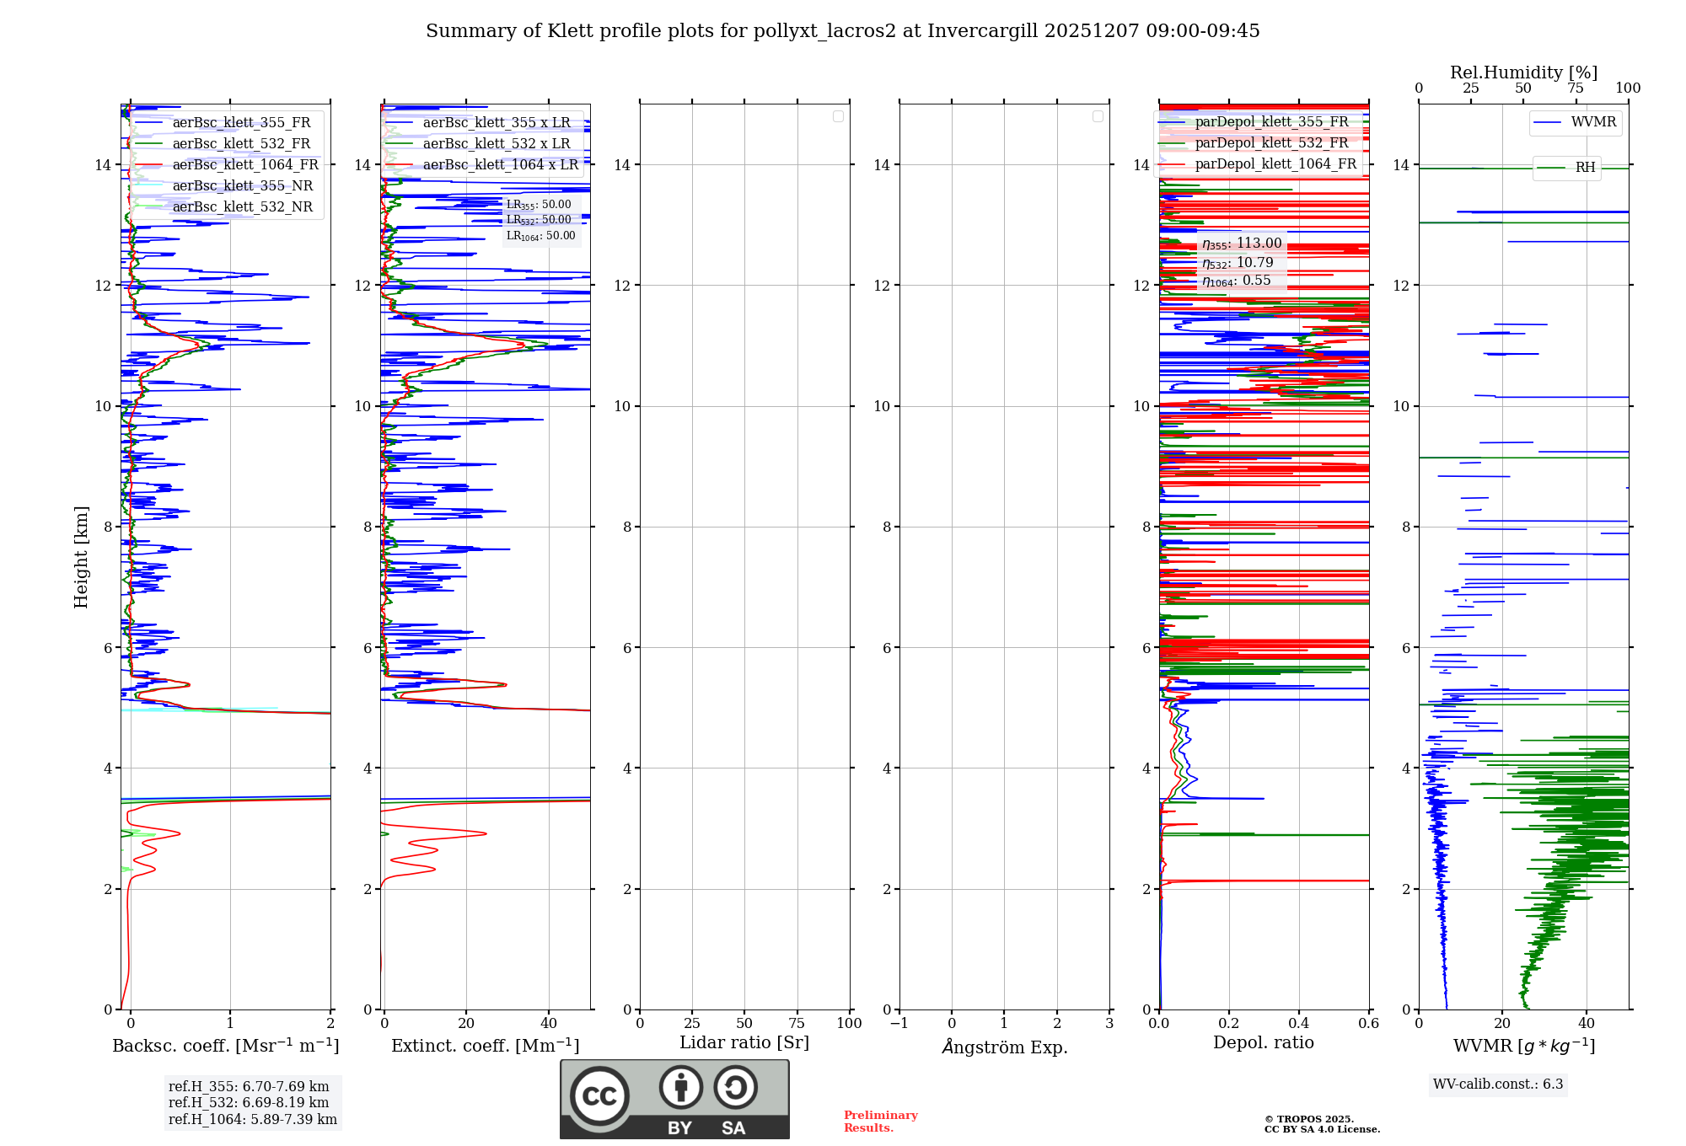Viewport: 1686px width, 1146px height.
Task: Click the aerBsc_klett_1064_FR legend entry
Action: [245, 165]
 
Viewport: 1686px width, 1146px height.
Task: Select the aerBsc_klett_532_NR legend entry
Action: [242, 207]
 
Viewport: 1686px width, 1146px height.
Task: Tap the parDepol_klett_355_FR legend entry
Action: [1271, 122]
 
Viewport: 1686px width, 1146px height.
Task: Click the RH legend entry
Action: [1585, 168]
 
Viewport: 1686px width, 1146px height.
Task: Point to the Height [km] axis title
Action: [81, 556]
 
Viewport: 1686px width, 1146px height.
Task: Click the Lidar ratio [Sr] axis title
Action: [744, 1043]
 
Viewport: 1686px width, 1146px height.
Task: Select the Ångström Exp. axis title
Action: [1004, 1047]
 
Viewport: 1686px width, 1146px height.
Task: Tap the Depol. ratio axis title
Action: [1263, 1043]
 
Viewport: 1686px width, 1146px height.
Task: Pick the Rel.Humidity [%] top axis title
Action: [1523, 72]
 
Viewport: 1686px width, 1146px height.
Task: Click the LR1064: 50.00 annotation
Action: [541, 236]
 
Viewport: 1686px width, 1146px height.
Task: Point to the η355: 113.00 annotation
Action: [1242, 244]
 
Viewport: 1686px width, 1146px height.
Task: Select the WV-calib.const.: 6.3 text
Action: [1498, 1084]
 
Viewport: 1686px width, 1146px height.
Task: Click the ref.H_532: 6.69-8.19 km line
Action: [249, 1103]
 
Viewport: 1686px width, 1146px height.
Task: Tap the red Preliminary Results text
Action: [880, 1122]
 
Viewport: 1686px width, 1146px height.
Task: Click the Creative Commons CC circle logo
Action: [599, 1095]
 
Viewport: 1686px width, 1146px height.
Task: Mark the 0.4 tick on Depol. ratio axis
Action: [1299, 1024]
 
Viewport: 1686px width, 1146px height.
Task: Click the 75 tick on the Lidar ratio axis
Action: [797, 1024]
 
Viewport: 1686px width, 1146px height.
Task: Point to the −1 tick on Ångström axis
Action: [899, 1024]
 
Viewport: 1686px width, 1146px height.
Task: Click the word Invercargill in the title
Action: [982, 31]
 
